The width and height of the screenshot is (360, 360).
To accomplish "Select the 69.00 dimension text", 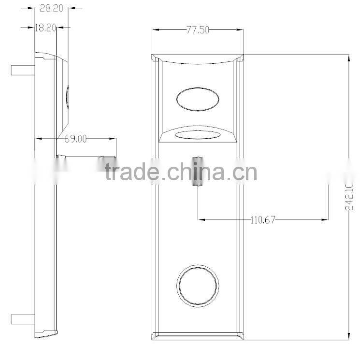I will pyautogui.click(x=75, y=139).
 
